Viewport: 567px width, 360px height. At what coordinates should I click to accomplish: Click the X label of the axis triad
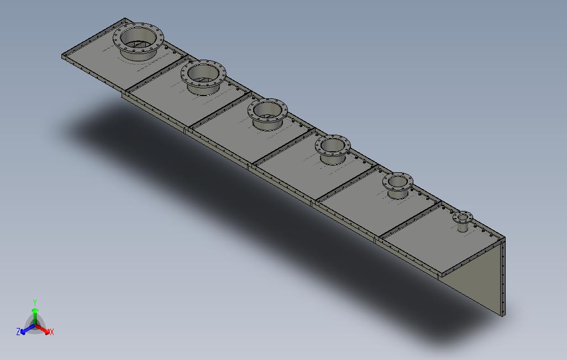tap(52, 332)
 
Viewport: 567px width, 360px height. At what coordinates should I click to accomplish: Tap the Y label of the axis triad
tap(34, 303)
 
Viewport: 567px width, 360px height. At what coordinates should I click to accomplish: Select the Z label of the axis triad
tap(18, 332)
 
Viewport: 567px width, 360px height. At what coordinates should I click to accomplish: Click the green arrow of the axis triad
tap(35, 313)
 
